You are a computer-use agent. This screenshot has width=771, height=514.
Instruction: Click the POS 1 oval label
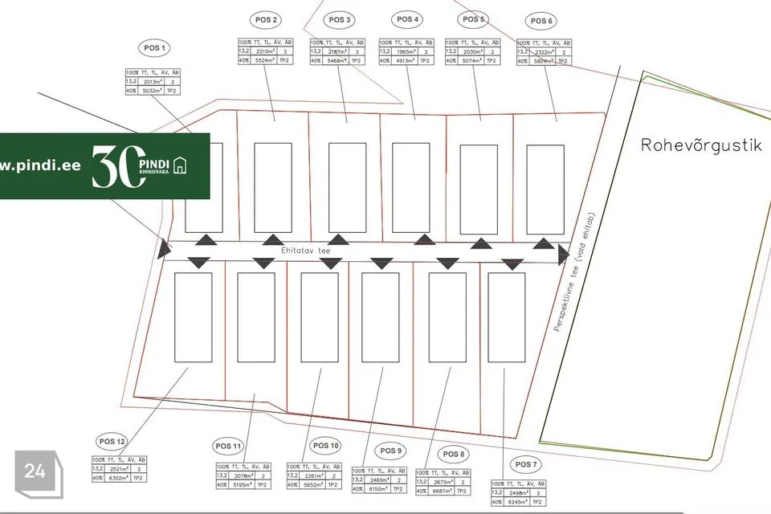(154, 48)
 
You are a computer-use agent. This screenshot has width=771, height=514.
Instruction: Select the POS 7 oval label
(524, 465)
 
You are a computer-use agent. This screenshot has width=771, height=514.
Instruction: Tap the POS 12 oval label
(112, 441)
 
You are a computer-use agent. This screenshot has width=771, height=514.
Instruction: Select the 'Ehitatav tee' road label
(305, 251)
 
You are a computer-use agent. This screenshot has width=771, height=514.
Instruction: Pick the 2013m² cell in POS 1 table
(152, 82)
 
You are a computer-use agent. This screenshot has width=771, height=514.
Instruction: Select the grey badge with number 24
(35, 471)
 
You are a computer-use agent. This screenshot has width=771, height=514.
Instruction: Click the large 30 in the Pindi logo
(114, 166)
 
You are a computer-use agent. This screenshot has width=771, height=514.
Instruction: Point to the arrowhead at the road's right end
(563, 255)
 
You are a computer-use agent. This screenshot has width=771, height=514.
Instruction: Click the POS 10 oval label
(324, 445)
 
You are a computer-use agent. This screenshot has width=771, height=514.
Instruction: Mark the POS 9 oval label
(392, 451)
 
